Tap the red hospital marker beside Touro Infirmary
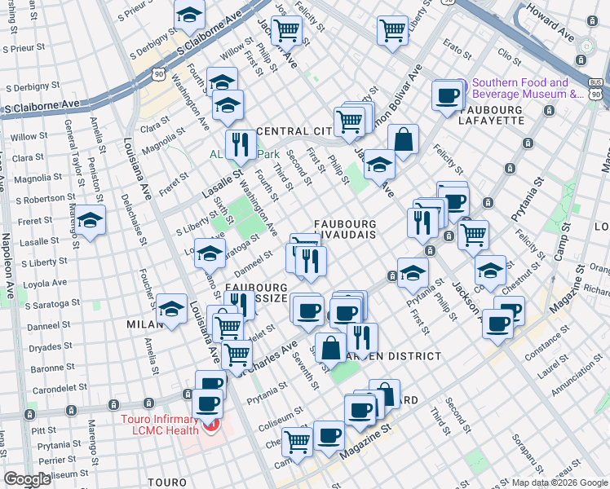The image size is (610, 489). [x=212, y=425]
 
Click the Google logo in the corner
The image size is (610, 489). [x=27, y=479]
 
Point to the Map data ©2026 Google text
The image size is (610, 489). [x=559, y=482]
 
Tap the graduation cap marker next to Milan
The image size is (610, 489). [x=172, y=310]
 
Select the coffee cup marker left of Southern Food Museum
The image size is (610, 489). [x=447, y=96]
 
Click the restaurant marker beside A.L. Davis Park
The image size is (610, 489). [x=240, y=145]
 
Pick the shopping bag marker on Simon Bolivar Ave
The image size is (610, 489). [x=403, y=140]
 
